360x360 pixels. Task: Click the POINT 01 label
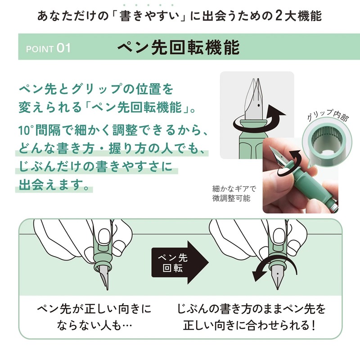49,48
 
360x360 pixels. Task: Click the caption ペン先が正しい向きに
94,310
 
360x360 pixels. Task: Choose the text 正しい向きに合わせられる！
252,326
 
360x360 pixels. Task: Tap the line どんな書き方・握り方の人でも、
108,148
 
